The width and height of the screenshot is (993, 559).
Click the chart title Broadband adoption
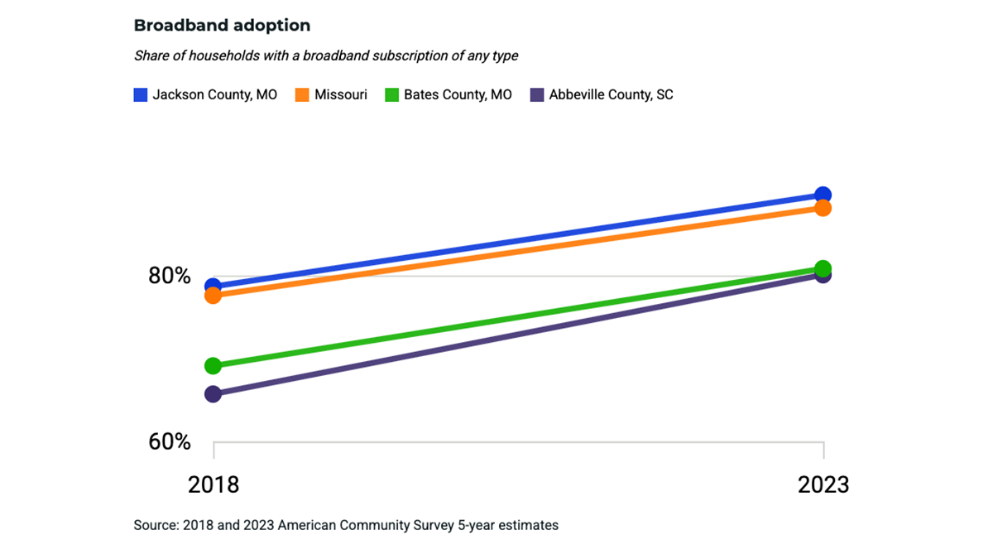click(222, 26)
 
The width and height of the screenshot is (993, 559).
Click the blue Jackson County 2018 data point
click(213, 287)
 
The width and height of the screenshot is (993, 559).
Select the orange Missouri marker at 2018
click(213, 296)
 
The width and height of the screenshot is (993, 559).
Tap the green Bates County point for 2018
click(213, 365)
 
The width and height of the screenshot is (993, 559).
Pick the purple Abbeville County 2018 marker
click(213, 393)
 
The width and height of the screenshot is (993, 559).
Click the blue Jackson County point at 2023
click(823, 195)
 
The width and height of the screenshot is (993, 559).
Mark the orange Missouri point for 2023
click(823, 208)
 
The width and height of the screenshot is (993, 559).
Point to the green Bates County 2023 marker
click(823, 267)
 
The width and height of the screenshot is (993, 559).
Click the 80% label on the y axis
click(170, 276)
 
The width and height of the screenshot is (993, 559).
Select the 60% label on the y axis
click(170, 441)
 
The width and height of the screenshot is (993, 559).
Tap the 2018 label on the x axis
click(213, 484)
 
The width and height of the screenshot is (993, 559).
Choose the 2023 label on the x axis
click(823, 484)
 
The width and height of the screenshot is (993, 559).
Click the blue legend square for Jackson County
click(141, 94)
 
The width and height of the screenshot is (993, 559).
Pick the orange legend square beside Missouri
click(301, 94)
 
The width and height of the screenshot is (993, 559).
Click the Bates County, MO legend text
click(458, 94)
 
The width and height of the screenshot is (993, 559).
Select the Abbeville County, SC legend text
click(611, 94)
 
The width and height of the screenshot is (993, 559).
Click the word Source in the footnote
click(154, 525)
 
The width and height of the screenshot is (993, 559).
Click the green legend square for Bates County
click(391, 94)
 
